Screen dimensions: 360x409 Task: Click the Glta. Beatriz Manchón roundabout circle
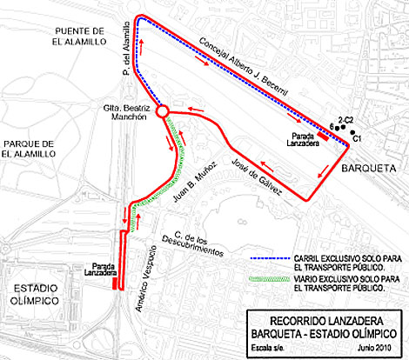tap(161, 111)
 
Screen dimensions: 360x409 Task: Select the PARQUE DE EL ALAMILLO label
tap(29, 148)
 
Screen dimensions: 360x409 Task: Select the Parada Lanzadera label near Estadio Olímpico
tap(98, 270)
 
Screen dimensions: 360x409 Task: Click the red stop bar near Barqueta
tap(322, 135)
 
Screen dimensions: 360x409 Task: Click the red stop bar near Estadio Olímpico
tap(116, 281)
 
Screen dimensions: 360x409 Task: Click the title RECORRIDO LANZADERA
tap(325, 319)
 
